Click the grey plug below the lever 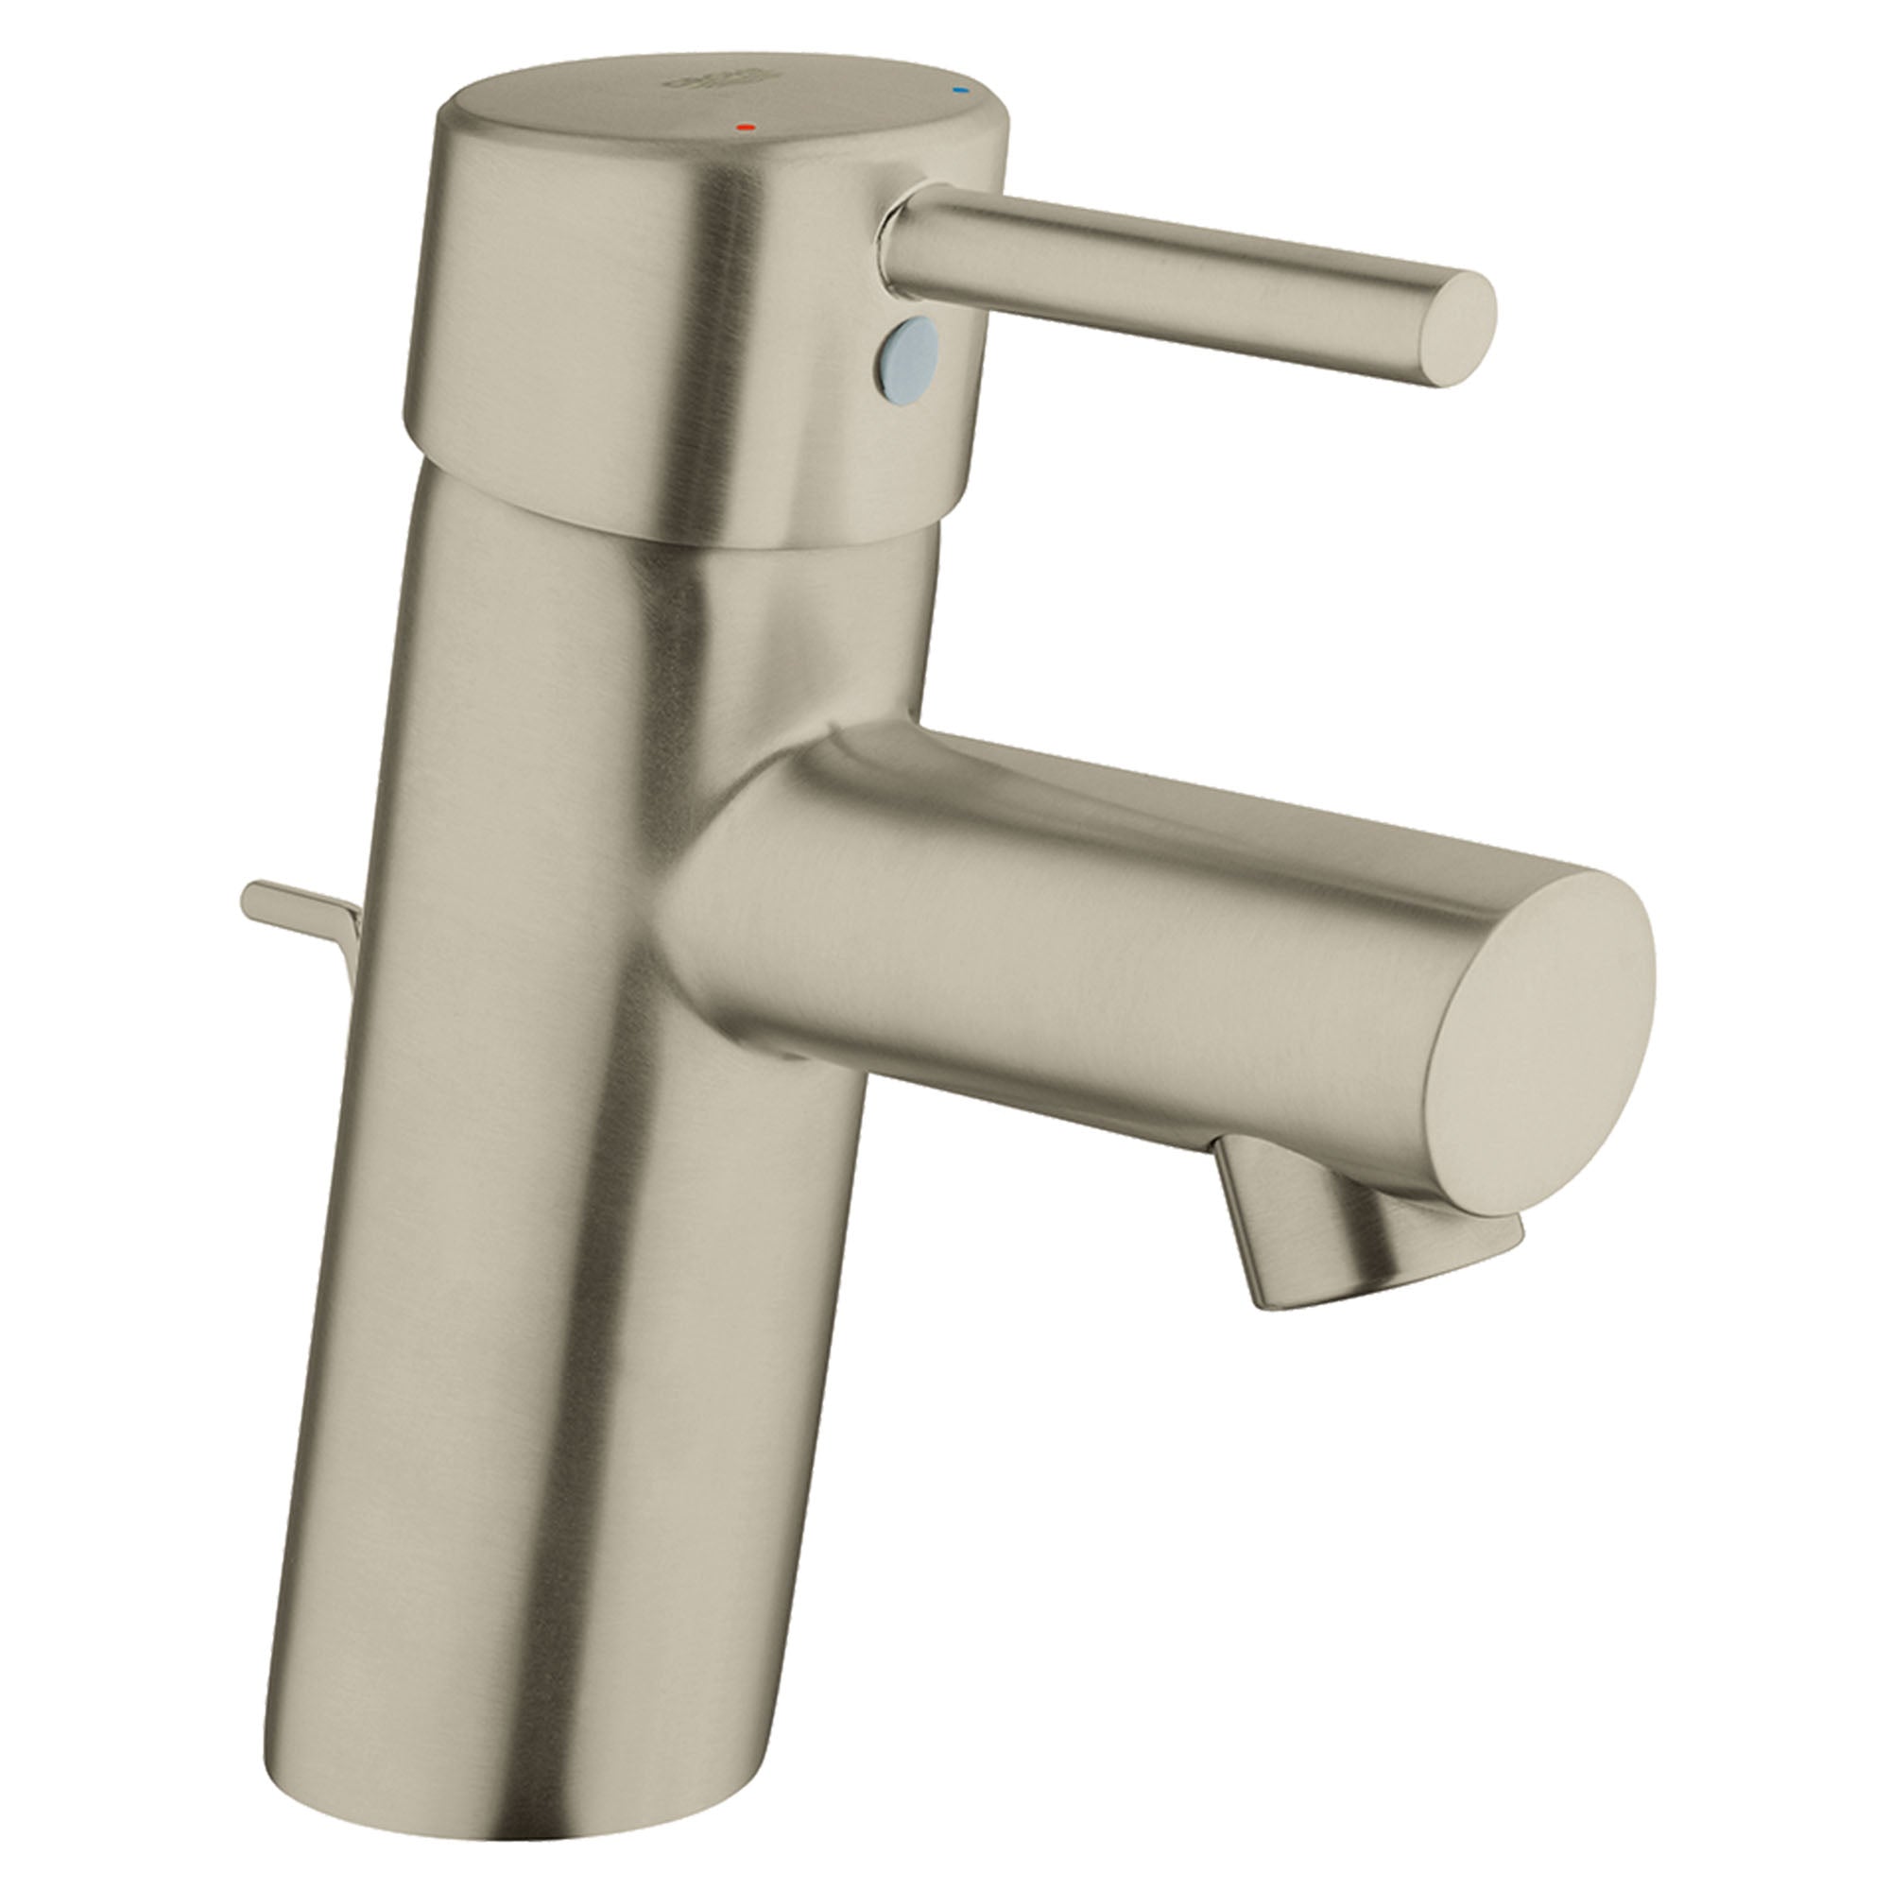point(910,353)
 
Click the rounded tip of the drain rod point(252,892)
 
